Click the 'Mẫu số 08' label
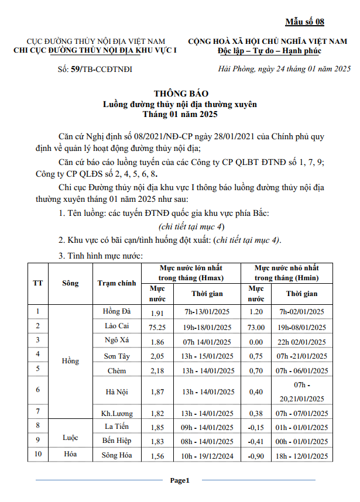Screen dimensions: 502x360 [x=304, y=22]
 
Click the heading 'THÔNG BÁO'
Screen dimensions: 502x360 [x=180, y=94]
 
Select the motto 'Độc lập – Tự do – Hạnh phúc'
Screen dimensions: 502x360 [x=268, y=51]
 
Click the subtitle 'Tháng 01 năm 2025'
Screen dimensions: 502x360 [x=180, y=114]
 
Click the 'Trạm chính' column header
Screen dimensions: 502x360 [x=116, y=283]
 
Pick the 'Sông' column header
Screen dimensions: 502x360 [x=70, y=283]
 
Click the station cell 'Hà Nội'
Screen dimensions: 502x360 [x=116, y=391]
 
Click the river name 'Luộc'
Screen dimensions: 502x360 [x=70, y=436]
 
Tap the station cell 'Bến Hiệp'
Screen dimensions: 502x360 [x=116, y=440]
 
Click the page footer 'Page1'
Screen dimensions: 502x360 [x=180, y=480]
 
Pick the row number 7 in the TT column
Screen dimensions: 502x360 [x=37, y=411]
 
